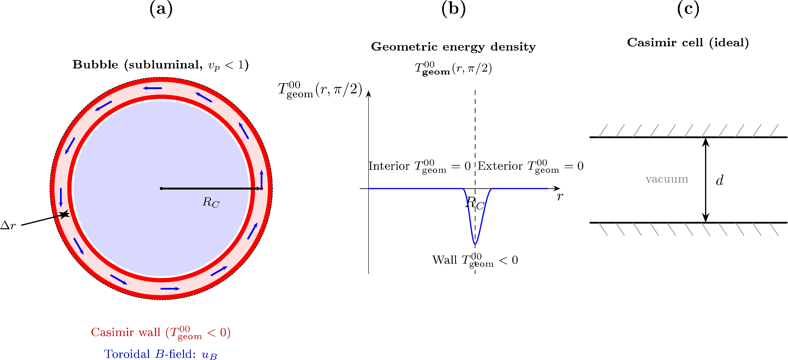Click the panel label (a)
click(161, 9)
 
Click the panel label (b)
click(454, 9)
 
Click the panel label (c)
click(688, 9)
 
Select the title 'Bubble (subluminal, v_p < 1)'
click(160, 65)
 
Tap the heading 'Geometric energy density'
click(453, 47)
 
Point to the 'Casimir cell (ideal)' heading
click(688, 42)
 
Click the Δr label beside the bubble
click(8, 225)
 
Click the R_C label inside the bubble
click(211, 202)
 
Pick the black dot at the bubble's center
click(161, 189)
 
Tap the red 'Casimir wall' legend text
click(161, 333)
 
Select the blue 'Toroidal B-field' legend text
click(160, 354)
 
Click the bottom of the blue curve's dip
click(475, 244)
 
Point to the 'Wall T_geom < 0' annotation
click(475, 260)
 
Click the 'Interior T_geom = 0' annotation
click(420, 166)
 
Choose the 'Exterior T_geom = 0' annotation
click(531, 166)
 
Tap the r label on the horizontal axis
click(560, 197)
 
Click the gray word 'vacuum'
click(667, 179)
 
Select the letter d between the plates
click(719, 180)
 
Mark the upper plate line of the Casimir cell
click(688, 137)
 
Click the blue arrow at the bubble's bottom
click(170, 288)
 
